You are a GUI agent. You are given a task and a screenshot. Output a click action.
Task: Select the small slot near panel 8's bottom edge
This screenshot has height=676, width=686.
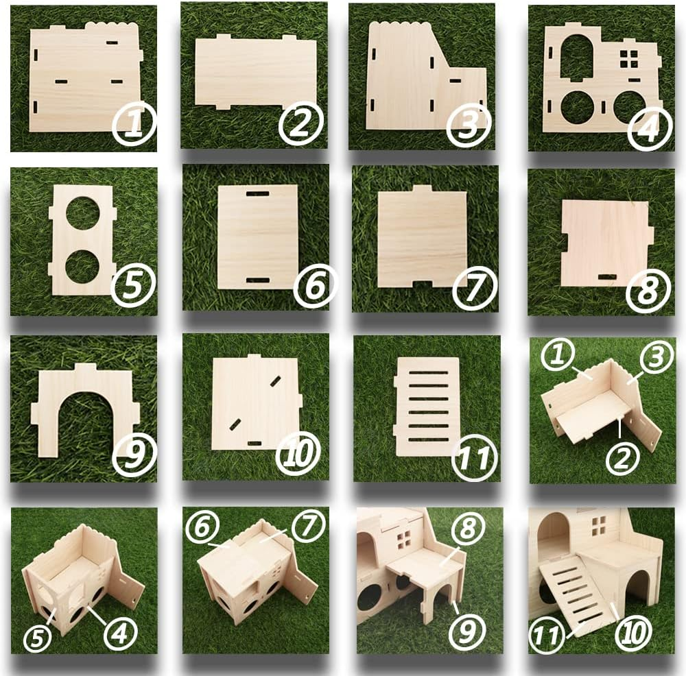(606, 276)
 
